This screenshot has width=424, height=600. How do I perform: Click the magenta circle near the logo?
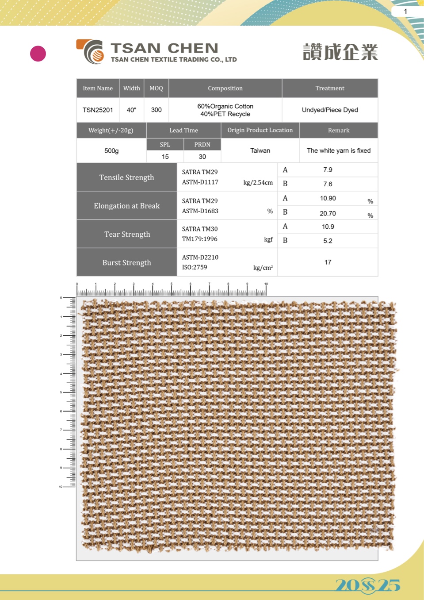[x=38, y=54]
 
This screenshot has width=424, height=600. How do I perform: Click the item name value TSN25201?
[x=98, y=110]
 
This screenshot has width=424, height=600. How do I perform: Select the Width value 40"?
[x=131, y=110]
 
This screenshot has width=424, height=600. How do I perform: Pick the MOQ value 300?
[x=156, y=110]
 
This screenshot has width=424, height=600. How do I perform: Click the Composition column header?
[x=225, y=88]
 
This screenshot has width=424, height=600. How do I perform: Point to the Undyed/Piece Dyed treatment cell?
[x=330, y=110]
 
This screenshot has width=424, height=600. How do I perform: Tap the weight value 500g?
[x=111, y=151]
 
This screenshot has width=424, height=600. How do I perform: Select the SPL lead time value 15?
[x=165, y=157]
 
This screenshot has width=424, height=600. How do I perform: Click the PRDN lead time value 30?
[x=202, y=157]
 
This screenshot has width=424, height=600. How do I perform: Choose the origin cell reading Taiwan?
[x=260, y=151]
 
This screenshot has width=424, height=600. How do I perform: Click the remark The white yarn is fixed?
[x=339, y=151]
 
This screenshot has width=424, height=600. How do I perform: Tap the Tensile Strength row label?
[x=126, y=177]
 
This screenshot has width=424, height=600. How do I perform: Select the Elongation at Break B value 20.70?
[x=328, y=213]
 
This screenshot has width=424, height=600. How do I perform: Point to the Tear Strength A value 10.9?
[x=328, y=227]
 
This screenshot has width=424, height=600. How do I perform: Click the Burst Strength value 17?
[x=328, y=262]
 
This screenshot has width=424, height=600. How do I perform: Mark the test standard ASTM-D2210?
[x=200, y=257]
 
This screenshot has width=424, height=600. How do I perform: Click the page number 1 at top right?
[x=405, y=12]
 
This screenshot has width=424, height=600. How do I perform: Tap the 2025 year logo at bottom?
[x=367, y=585]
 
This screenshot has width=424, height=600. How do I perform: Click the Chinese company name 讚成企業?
[x=340, y=52]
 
